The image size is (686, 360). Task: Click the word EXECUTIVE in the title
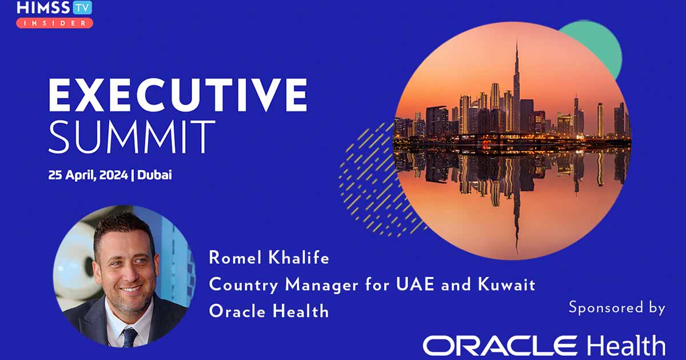click(178, 95)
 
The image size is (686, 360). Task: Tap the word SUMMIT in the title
click(132, 137)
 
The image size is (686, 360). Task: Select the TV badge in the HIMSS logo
click(82, 8)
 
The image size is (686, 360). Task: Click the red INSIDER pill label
click(54, 23)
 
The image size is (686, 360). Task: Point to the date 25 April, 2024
click(88, 175)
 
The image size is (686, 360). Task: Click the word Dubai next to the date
click(154, 175)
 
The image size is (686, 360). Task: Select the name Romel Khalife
click(269, 258)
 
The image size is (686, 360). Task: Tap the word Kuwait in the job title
click(506, 284)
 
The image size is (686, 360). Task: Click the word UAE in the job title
click(415, 284)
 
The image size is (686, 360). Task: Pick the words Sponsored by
click(617, 307)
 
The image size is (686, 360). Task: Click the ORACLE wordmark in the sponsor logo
click(500, 345)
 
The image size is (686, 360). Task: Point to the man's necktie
click(129, 338)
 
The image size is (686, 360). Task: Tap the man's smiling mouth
click(130, 289)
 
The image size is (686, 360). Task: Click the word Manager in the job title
click(321, 285)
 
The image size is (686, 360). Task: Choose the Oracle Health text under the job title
click(269, 311)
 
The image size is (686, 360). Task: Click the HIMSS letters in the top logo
click(44, 8)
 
